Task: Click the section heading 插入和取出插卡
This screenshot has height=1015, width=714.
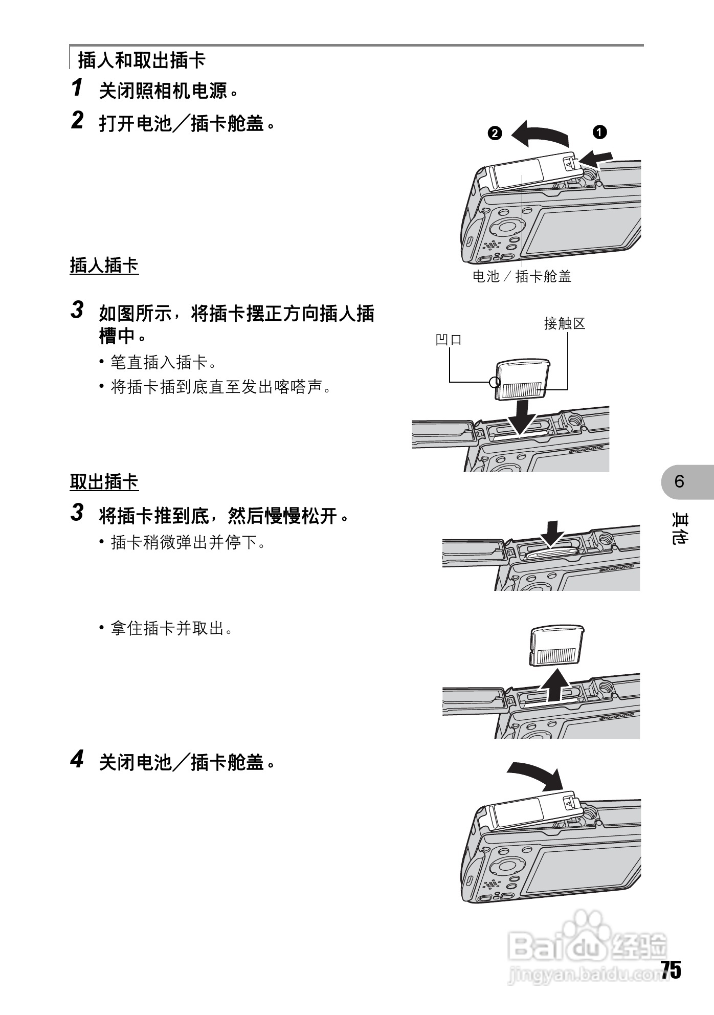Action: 141,60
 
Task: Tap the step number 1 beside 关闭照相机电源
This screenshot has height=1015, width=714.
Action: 77,87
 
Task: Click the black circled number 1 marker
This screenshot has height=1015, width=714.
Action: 599,132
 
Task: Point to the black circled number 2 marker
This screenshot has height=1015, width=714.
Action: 495,134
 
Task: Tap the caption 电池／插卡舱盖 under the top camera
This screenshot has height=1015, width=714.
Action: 522,277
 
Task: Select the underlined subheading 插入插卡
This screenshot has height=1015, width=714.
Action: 104,266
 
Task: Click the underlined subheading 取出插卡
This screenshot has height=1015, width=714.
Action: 104,482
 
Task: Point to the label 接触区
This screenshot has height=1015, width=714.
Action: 564,324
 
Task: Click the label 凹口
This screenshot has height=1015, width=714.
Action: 449,340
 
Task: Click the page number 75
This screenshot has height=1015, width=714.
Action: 671,969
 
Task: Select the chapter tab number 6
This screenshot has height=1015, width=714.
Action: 679,481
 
